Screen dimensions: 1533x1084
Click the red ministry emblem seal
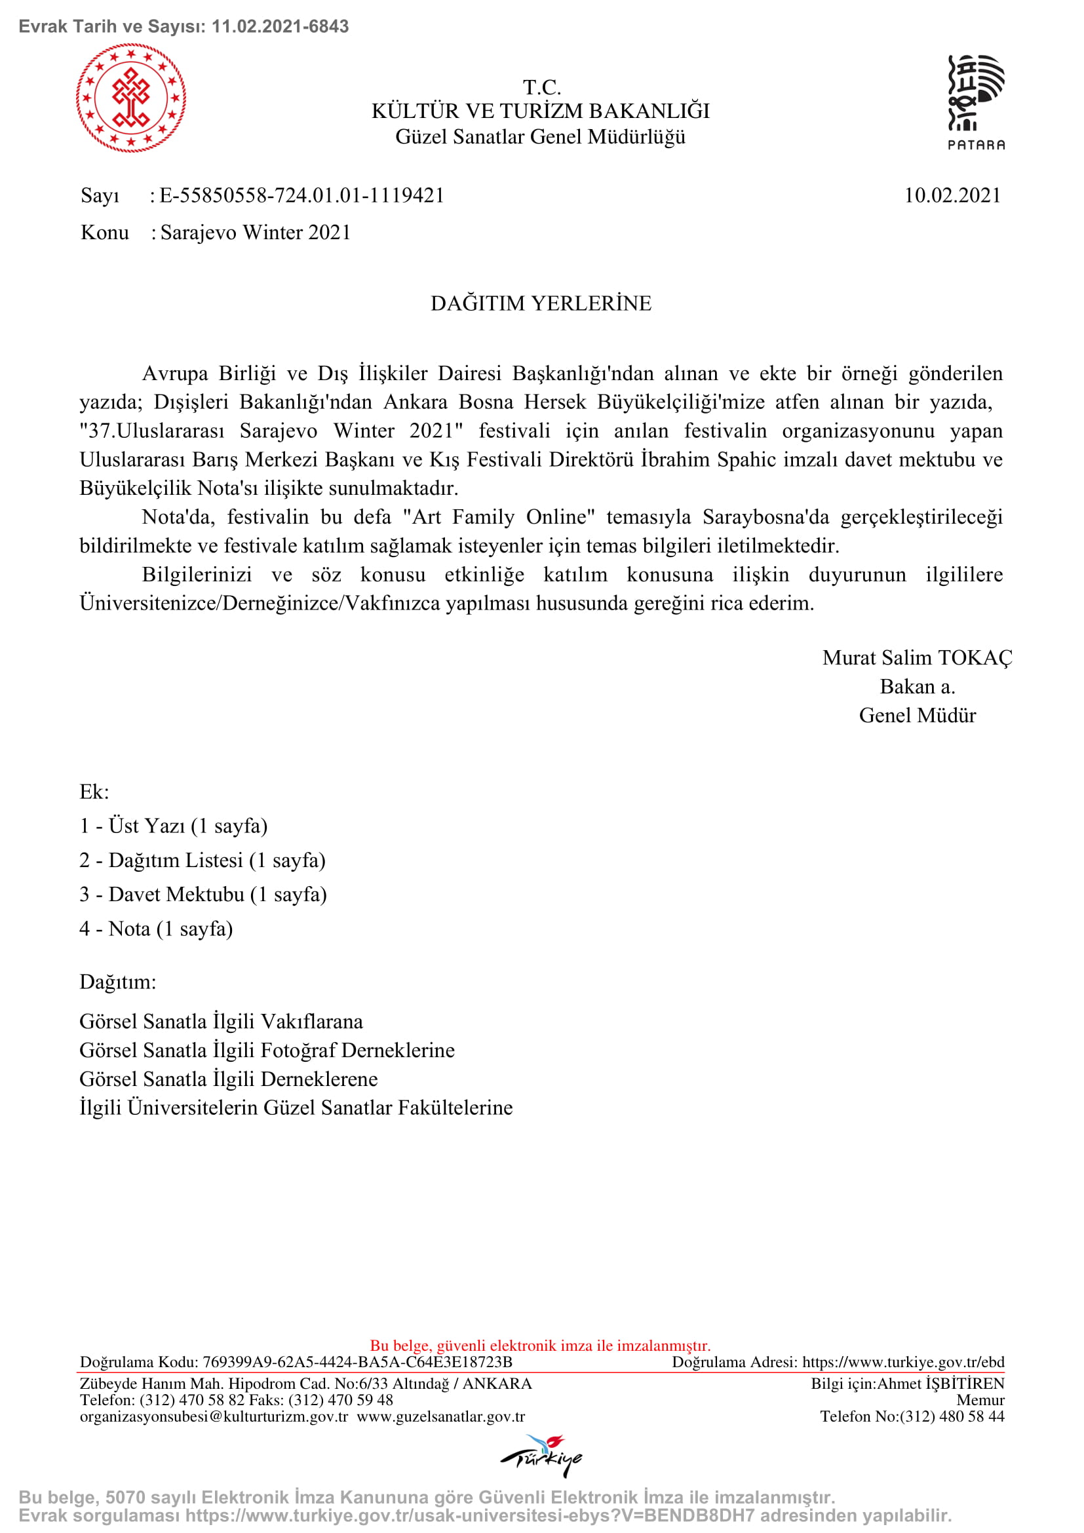131,98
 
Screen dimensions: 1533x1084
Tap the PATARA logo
976,102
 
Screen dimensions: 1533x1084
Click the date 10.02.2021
952,195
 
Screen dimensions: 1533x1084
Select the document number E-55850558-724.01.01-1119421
301,195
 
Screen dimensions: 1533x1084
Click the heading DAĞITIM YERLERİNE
541,304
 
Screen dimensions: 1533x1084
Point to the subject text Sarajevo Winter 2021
256,233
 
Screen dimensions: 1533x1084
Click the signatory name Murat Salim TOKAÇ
917,658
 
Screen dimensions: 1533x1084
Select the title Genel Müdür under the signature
917,716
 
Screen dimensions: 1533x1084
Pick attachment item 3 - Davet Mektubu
203,895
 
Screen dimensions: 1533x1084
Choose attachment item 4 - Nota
156,929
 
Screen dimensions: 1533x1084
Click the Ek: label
94,792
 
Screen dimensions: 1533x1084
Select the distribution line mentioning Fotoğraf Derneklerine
267,1051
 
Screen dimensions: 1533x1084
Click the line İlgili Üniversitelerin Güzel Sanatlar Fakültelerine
296,1108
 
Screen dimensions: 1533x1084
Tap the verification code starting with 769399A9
357,1362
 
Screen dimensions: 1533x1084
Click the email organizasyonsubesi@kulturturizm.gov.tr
214,1417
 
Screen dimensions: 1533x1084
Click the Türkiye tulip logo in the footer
541,1455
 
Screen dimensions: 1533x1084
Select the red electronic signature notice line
541,1346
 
